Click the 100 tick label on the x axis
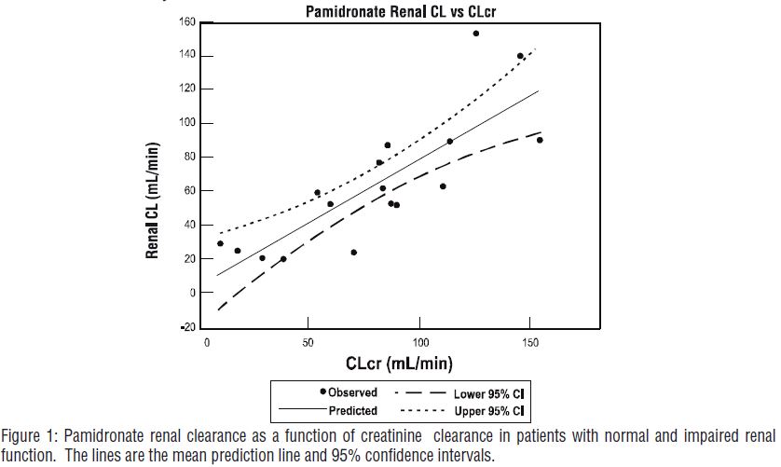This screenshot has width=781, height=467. [420, 342]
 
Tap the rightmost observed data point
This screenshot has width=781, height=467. [540, 140]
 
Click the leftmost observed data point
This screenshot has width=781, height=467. [220, 243]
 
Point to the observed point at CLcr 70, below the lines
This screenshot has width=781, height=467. [354, 253]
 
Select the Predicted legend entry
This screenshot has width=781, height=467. [350, 410]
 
